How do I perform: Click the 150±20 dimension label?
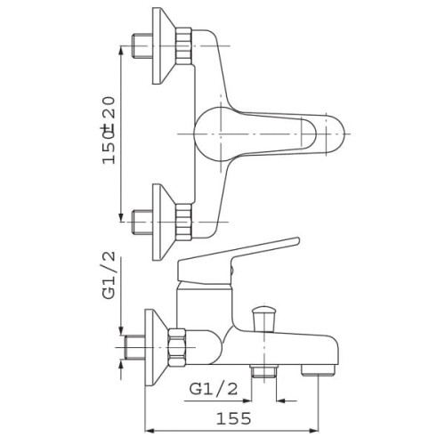pos(108,130)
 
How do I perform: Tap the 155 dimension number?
pos(233,418)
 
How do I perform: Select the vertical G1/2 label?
pos(109,274)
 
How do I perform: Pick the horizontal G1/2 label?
pos(214,389)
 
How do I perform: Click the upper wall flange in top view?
pos(163,45)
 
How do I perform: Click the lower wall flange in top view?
pos(163,222)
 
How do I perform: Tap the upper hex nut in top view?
pos(184,46)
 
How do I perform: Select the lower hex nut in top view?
pos(184,222)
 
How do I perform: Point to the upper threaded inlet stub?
pos(142,46)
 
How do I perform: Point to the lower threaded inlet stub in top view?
pos(142,222)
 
